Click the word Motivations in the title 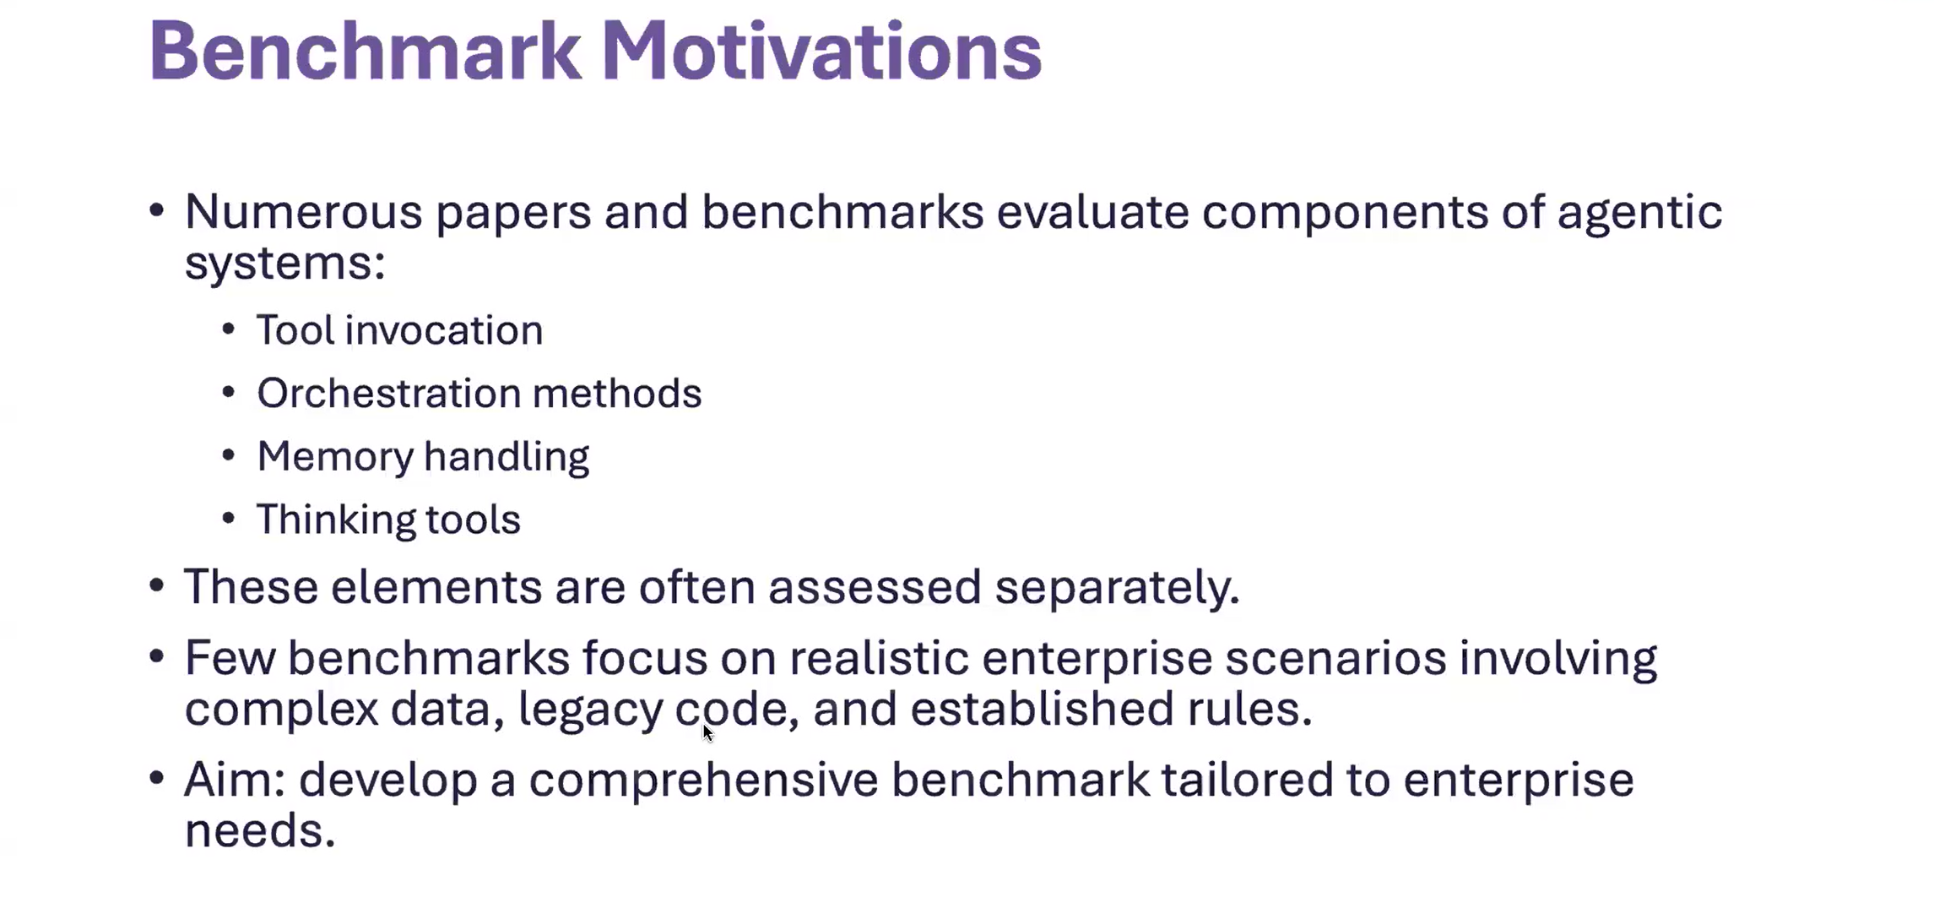(821, 52)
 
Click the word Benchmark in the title (366, 52)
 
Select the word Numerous (303, 211)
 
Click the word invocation (443, 330)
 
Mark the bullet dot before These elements (156, 585)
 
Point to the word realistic (879, 658)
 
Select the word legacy (590, 710)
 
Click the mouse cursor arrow (707, 732)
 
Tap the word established (1042, 708)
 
